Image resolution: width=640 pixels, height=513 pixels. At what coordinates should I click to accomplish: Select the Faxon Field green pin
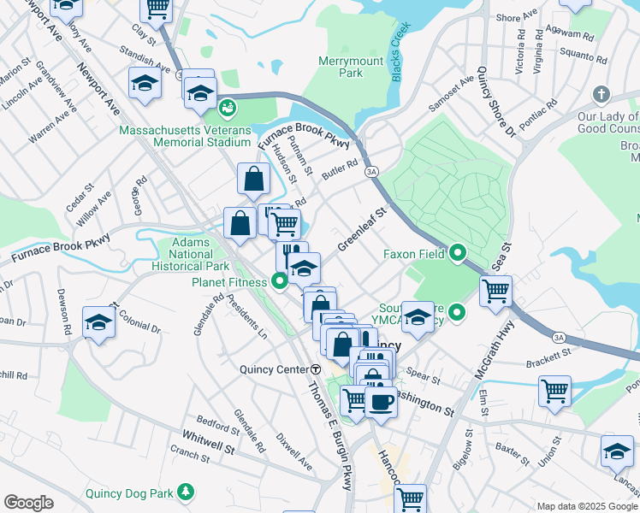(458, 253)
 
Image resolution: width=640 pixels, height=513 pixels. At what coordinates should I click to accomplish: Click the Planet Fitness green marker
(279, 280)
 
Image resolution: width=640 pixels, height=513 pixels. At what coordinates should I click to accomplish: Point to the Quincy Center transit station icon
(316, 369)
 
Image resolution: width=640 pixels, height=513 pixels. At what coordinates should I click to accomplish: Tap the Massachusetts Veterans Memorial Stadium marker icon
(228, 109)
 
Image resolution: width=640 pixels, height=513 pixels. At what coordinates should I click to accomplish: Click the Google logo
(28, 503)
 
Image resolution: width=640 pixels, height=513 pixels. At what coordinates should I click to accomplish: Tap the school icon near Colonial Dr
(99, 322)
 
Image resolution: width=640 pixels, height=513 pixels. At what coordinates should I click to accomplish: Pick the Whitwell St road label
(209, 446)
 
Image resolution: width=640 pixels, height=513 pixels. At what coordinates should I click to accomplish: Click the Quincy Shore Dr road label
(497, 101)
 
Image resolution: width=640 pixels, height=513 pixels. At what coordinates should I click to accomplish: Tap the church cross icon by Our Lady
(601, 94)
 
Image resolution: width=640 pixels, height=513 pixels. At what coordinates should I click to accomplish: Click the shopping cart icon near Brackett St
(554, 390)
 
